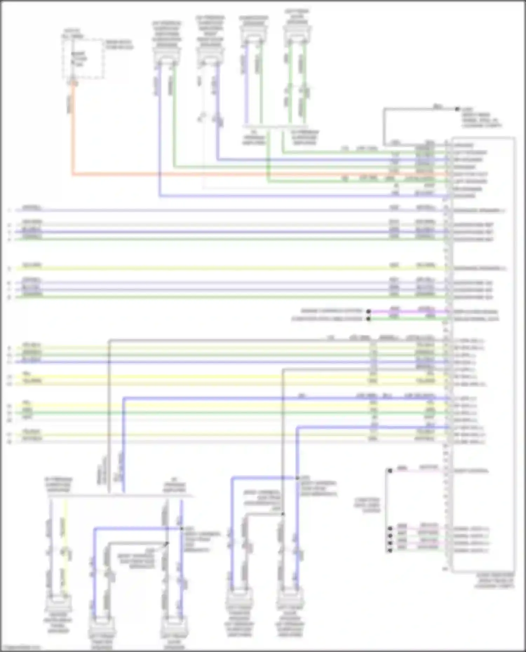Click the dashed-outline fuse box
coord(83,59)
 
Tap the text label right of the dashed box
coord(120,44)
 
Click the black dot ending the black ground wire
coord(457,109)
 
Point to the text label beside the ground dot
coord(480,117)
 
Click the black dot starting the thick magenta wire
coord(369,311)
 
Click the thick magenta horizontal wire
coord(407,311)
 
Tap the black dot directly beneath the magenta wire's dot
coord(369,319)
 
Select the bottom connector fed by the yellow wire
coord(59,603)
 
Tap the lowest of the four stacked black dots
coord(390,550)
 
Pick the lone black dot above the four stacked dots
coord(390,471)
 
